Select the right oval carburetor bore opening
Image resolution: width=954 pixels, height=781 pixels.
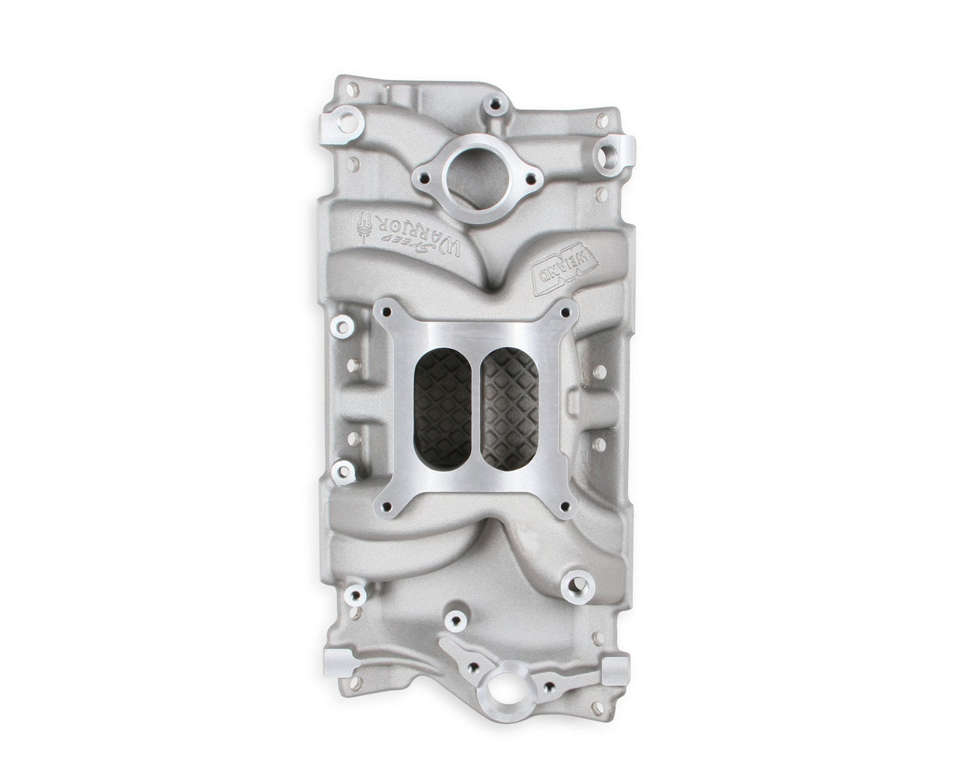[x=510, y=408]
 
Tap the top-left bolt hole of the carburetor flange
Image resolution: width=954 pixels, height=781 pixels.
[x=385, y=313]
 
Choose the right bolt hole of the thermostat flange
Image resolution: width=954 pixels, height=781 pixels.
[x=532, y=177]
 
